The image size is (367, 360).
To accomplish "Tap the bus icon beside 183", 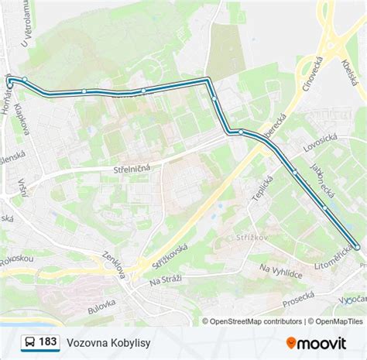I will [x=29, y=341].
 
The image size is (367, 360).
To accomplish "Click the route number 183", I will [x=48, y=341].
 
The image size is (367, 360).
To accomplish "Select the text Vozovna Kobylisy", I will [x=108, y=341].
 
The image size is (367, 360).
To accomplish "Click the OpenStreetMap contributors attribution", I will [x=252, y=321].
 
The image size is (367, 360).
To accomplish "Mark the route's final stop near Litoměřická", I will [x=358, y=247].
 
